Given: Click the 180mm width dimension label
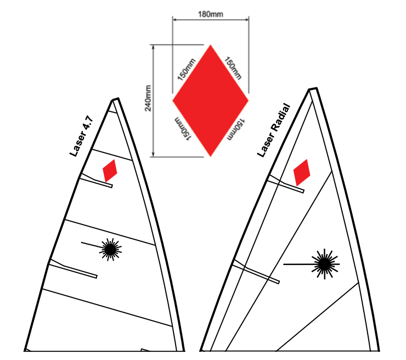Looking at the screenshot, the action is click(x=211, y=14).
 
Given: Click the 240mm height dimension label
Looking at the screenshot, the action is click(x=148, y=98).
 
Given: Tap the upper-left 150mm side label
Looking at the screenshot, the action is click(x=187, y=69).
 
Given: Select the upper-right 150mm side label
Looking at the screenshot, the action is click(x=233, y=68).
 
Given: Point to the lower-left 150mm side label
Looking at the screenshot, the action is click(x=183, y=129).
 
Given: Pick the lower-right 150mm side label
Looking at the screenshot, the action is click(x=235, y=129).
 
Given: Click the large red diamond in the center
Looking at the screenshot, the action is click(x=211, y=100).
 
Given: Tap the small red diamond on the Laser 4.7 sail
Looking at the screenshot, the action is click(x=110, y=171).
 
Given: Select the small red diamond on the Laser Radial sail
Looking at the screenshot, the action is click(x=302, y=172).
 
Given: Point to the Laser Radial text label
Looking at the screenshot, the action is click(x=274, y=130).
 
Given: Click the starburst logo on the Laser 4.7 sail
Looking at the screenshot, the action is click(x=111, y=249).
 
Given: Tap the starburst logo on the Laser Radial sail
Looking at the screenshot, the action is click(x=325, y=264).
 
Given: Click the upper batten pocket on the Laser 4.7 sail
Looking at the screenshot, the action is click(x=96, y=180).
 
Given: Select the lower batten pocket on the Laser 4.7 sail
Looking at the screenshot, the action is click(x=73, y=269).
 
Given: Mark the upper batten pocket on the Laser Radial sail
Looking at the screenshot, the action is click(x=286, y=184).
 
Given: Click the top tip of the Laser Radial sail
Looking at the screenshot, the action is click(x=313, y=89).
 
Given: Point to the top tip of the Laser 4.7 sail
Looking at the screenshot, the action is click(x=115, y=99).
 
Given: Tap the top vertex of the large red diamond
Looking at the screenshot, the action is click(x=211, y=45).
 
